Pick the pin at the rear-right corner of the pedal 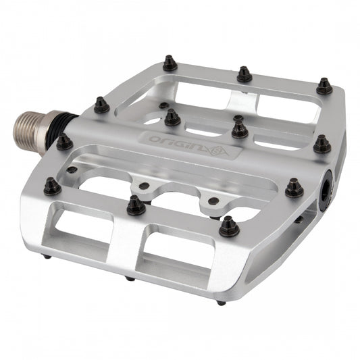click(325, 86)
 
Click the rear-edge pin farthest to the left click(170, 64)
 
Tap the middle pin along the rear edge click(245, 74)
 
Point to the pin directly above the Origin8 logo click(172, 118)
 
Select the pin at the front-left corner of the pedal click(52, 186)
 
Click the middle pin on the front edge click(136, 205)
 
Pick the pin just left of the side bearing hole click(294, 188)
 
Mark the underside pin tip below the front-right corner click(220, 303)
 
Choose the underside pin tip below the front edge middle click(129, 278)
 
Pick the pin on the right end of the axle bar click(322, 144)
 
